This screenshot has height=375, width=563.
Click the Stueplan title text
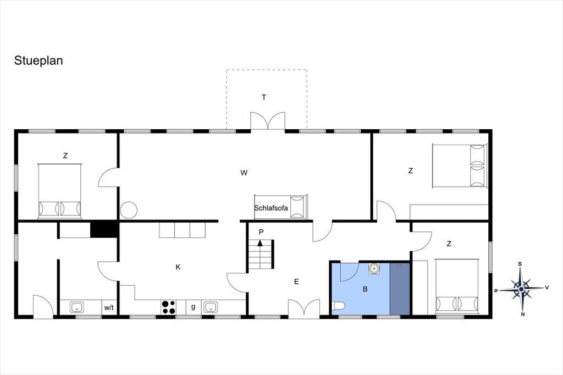(38, 60)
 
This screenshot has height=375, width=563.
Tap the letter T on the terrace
(264, 97)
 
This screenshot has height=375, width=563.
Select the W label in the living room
(244, 173)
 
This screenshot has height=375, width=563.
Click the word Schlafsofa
(271, 208)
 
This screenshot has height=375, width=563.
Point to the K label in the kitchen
(178, 267)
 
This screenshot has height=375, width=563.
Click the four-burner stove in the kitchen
(169, 307)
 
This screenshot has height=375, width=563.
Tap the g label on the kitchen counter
(193, 307)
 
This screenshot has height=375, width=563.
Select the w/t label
(109, 307)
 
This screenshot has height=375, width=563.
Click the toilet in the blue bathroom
(338, 306)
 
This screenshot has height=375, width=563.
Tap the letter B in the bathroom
(365, 289)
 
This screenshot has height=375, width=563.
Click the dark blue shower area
(400, 289)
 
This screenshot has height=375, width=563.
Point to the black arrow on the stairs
(260, 242)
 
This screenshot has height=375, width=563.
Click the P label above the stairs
(261, 232)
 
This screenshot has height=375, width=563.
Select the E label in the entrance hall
(296, 282)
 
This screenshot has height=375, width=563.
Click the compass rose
(521, 289)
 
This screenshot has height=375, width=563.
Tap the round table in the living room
(129, 210)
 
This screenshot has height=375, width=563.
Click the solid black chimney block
(104, 230)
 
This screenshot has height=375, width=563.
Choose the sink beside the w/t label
(77, 307)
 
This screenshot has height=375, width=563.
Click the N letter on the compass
(523, 315)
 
